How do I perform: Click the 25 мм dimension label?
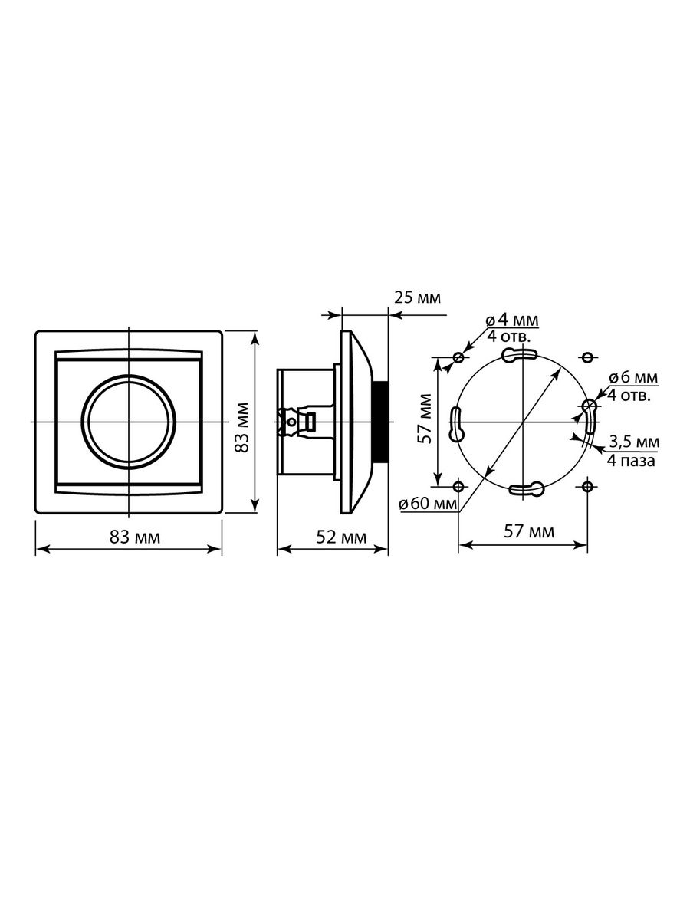417,297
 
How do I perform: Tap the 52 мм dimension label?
341,537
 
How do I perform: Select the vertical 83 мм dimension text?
242,428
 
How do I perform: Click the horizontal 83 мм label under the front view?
135,537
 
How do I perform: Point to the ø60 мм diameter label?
428,504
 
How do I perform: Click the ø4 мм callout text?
512,320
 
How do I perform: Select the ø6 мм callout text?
633,378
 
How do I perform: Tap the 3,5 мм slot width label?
634,442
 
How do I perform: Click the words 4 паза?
631,461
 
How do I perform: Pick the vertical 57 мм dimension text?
426,419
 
